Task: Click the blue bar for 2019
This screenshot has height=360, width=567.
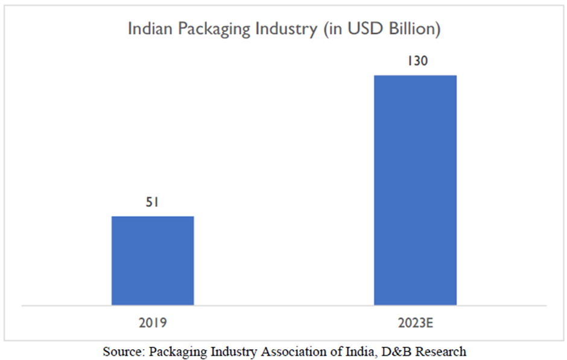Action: (x=153, y=261)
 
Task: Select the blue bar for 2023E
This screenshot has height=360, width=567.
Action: (x=415, y=190)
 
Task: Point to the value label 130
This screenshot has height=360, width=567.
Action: (x=415, y=62)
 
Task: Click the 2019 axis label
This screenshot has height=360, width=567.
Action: (x=152, y=323)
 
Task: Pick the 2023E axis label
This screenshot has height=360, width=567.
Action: (x=415, y=323)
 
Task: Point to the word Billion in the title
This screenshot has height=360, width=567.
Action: (x=413, y=29)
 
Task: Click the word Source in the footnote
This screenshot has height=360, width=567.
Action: (x=123, y=351)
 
